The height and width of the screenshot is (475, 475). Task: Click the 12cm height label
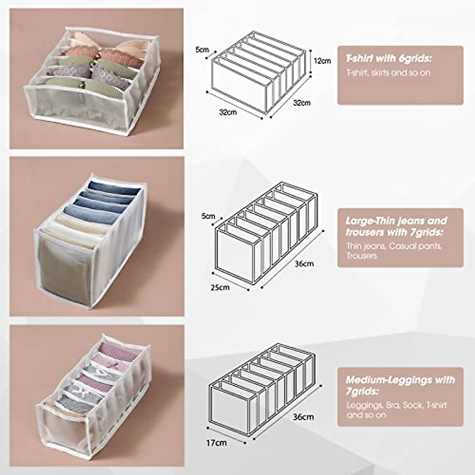322,61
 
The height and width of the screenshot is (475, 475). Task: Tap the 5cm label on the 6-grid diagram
202,50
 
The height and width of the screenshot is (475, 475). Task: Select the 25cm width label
220,287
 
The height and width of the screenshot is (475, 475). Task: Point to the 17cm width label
217,442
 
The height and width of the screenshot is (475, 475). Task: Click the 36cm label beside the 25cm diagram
304,264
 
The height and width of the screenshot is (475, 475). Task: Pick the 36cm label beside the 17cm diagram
304,417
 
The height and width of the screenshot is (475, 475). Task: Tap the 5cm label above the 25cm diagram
208,216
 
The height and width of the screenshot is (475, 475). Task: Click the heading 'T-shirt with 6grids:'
388,59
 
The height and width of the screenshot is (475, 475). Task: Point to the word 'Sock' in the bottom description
412,405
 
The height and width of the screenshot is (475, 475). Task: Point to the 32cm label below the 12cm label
302,103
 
